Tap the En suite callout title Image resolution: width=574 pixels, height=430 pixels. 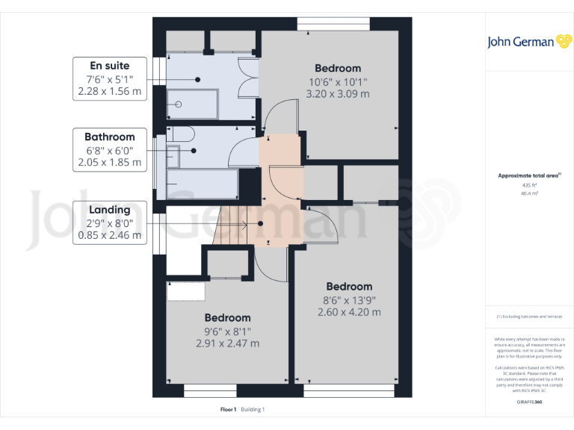pyautogui.click(x=109, y=65)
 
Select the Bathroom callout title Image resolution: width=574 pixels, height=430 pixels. pyautogui.click(x=109, y=137)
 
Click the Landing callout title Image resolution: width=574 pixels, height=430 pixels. pyautogui.click(x=109, y=210)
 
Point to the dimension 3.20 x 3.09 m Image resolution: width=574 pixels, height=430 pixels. pyautogui.click(x=337, y=94)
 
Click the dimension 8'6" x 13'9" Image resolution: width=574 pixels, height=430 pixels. pyautogui.click(x=349, y=299)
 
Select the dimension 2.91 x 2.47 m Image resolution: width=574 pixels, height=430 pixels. pyautogui.click(x=227, y=343)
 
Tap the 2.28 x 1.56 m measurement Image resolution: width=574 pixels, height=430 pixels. pyautogui.click(x=109, y=91)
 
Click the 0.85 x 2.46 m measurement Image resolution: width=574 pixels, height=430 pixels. pyautogui.click(x=109, y=235)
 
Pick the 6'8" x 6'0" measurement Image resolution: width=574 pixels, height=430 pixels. pyautogui.click(x=109, y=150)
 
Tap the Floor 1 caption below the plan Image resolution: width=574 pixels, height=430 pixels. pyautogui.click(x=228, y=409)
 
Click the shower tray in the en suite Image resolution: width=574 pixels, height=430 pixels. pyautogui.click(x=191, y=105)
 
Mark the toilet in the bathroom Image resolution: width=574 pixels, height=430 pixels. pyautogui.click(x=181, y=134)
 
